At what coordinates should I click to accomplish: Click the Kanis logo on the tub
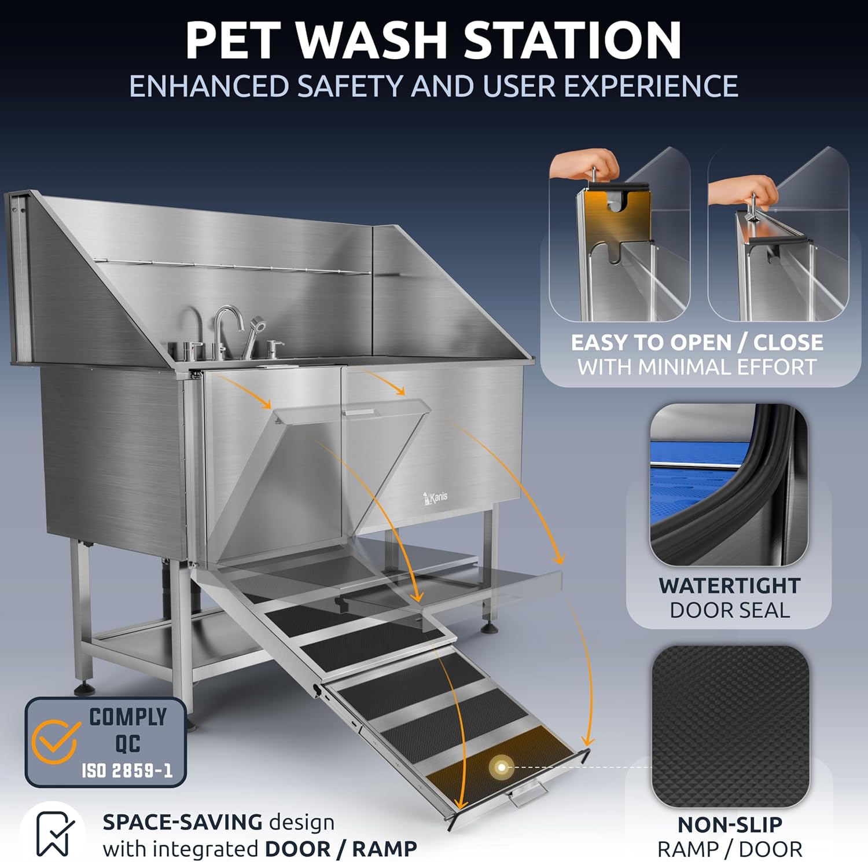point(435,497)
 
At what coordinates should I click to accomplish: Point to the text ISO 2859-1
point(127,771)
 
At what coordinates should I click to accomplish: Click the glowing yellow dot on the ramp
point(502,768)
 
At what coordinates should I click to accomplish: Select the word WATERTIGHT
point(729,586)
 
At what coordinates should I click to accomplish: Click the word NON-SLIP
point(730,824)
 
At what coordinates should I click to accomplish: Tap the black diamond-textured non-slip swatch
point(730,726)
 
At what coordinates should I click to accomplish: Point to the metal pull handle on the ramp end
point(528,799)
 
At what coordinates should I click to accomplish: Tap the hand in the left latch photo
point(584,165)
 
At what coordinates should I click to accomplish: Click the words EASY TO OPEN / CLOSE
point(697,343)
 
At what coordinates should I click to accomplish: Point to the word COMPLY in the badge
point(128,717)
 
